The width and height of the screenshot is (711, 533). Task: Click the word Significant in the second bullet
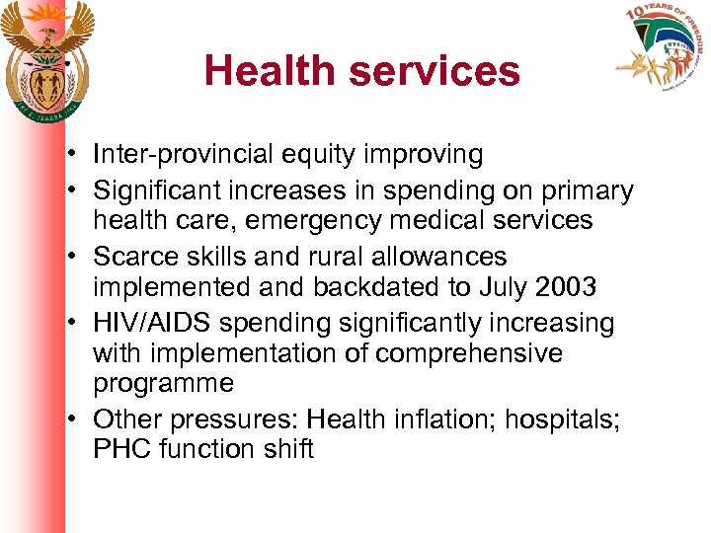click(x=156, y=190)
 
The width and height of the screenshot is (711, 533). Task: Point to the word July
click(x=500, y=287)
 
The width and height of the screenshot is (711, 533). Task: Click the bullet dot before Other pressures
click(x=74, y=419)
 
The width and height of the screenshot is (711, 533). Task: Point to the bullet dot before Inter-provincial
click(x=74, y=155)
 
